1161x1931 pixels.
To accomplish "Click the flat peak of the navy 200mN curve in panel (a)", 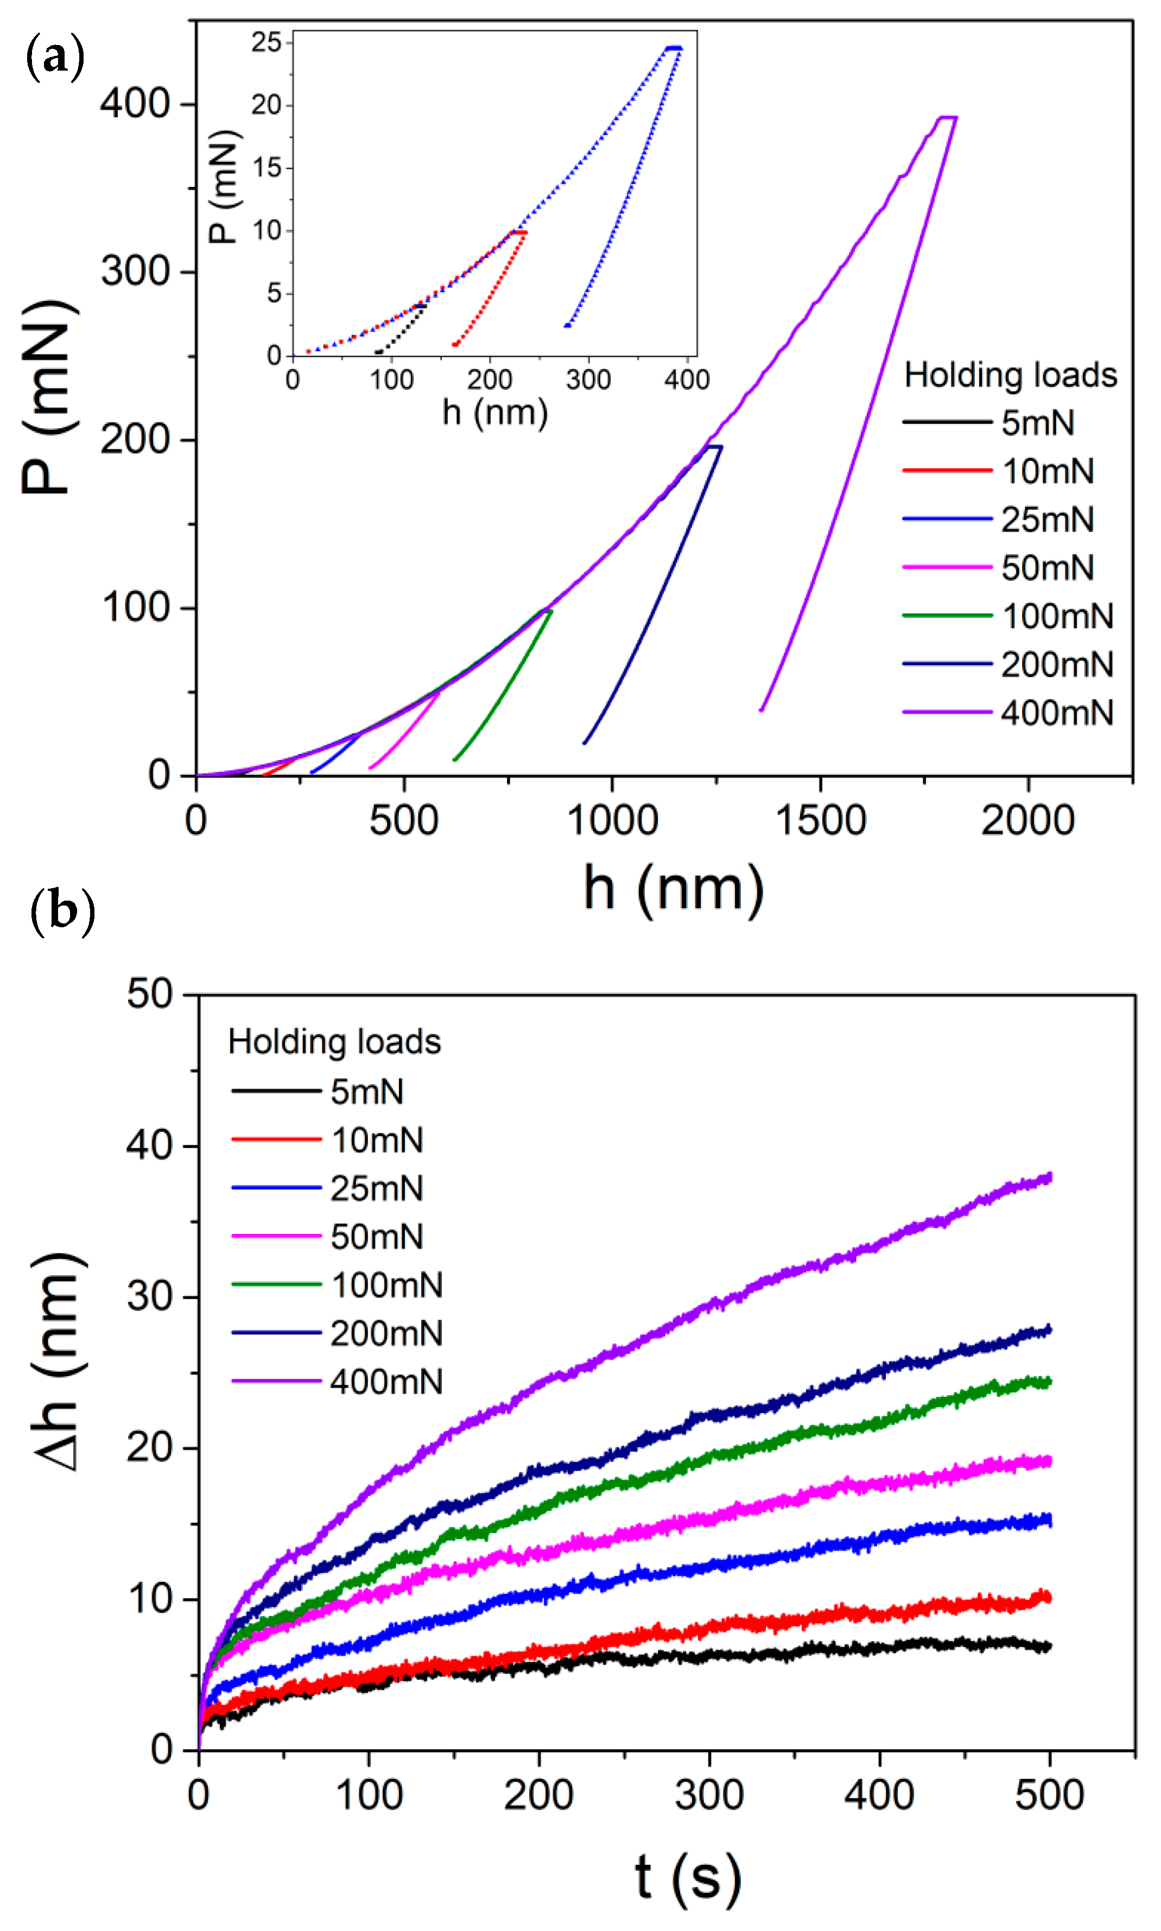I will coord(714,447).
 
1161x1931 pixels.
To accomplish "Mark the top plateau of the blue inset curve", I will coord(674,48).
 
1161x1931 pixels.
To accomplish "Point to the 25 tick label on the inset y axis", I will coord(266,42).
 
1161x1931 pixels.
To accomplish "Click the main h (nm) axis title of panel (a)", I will coord(674,889).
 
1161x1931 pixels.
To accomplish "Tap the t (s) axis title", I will coord(688,1878).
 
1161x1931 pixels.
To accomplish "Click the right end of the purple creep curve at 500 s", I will coord(1048,1177).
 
